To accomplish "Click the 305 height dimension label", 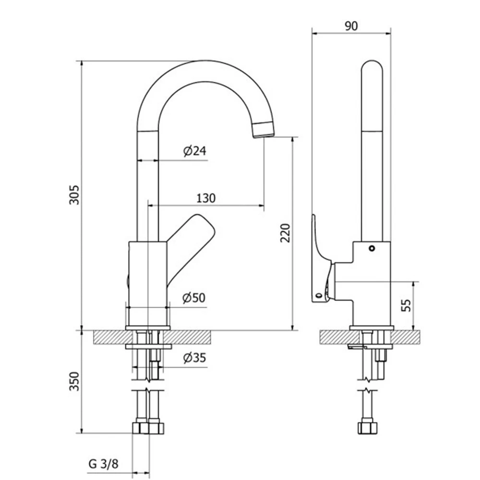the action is pyautogui.click(x=74, y=195).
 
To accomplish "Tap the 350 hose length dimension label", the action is pyautogui.click(x=74, y=381).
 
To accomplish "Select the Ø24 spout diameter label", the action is pyautogui.click(x=195, y=151).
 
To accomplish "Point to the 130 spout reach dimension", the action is pyautogui.click(x=206, y=198).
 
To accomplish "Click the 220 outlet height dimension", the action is pyautogui.click(x=285, y=233).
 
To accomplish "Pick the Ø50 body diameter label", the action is pyautogui.click(x=194, y=298).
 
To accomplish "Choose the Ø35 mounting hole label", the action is pyautogui.click(x=195, y=358).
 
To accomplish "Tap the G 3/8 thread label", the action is pyautogui.click(x=104, y=464).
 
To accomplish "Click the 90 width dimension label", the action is pyautogui.click(x=351, y=26).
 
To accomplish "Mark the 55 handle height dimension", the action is pyautogui.click(x=406, y=305).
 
